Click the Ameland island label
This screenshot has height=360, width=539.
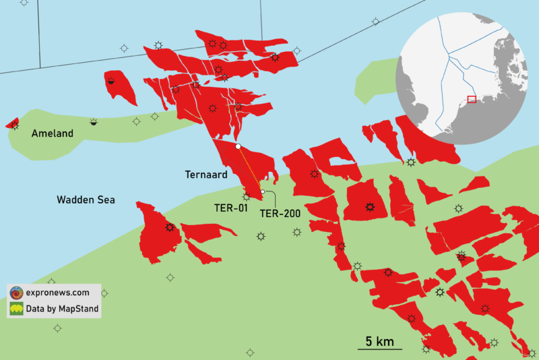point(52,133)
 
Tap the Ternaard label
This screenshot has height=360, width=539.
point(207,174)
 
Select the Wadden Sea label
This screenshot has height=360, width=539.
point(86,200)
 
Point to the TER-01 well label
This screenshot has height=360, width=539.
point(231,208)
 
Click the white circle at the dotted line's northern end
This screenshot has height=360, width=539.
point(238,146)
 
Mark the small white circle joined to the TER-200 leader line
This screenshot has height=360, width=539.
point(262,191)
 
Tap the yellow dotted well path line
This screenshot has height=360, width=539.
point(249,169)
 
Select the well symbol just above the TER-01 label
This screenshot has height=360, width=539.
point(247,196)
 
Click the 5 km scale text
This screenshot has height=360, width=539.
point(379,341)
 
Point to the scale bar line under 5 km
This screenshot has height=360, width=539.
point(379,349)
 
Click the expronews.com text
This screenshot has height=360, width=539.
point(58,293)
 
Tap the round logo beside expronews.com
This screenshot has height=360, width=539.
point(16,293)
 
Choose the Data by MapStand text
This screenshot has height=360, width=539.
point(63,309)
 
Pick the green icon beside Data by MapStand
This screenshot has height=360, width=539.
point(16,309)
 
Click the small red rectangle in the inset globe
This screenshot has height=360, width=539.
point(472,99)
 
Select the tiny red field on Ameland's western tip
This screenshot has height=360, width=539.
point(12,123)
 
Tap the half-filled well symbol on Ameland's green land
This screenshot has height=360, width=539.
point(94,122)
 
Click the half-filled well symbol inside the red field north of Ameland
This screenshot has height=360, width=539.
point(111,80)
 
